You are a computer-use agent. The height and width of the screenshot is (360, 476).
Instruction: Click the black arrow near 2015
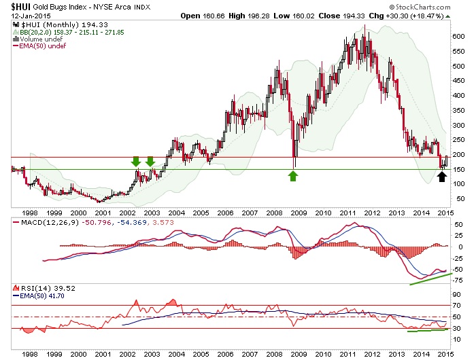(441, 177)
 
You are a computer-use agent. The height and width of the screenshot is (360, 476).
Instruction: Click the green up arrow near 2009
(293, 177)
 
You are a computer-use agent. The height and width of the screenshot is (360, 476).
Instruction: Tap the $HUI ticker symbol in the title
(18, 6)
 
